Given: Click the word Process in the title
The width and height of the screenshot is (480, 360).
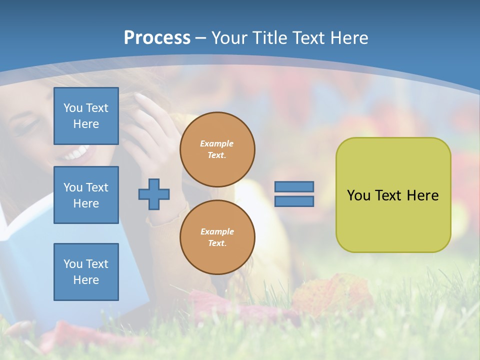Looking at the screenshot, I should pos(157,37).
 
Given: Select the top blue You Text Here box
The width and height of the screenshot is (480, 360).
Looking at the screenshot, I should pos(86,116).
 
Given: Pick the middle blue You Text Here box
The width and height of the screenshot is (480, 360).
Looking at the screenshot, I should pos(86,195).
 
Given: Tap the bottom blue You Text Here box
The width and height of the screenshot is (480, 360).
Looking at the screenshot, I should pos(86,272).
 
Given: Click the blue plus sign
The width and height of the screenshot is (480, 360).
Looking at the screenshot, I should pos(154,194).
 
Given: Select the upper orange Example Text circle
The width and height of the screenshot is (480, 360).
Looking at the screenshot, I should pos(217,149).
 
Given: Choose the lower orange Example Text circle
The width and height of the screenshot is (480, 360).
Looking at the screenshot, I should pos(217,237).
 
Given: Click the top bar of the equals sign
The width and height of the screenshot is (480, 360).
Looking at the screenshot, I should pos(294,186).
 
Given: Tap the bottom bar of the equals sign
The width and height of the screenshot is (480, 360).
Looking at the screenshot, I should pos(294,201).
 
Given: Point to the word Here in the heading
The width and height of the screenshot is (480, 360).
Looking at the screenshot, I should pos(349,37).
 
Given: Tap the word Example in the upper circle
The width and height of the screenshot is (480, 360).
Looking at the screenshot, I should pos(217,143).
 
